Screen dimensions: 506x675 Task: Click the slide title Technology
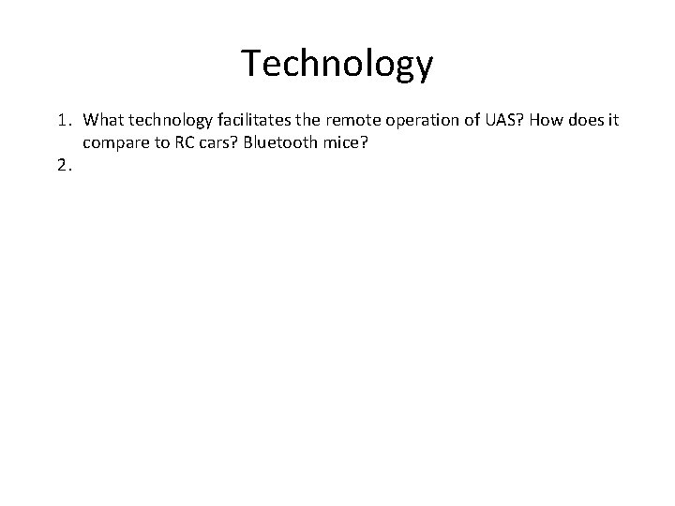tap(337, 64)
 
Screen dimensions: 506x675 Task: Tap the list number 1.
tap(61, 121)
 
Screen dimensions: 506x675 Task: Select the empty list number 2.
tap(62, 166)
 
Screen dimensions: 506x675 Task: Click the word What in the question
tap(103, 121)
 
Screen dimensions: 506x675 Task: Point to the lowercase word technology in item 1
tap(171, 121)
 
